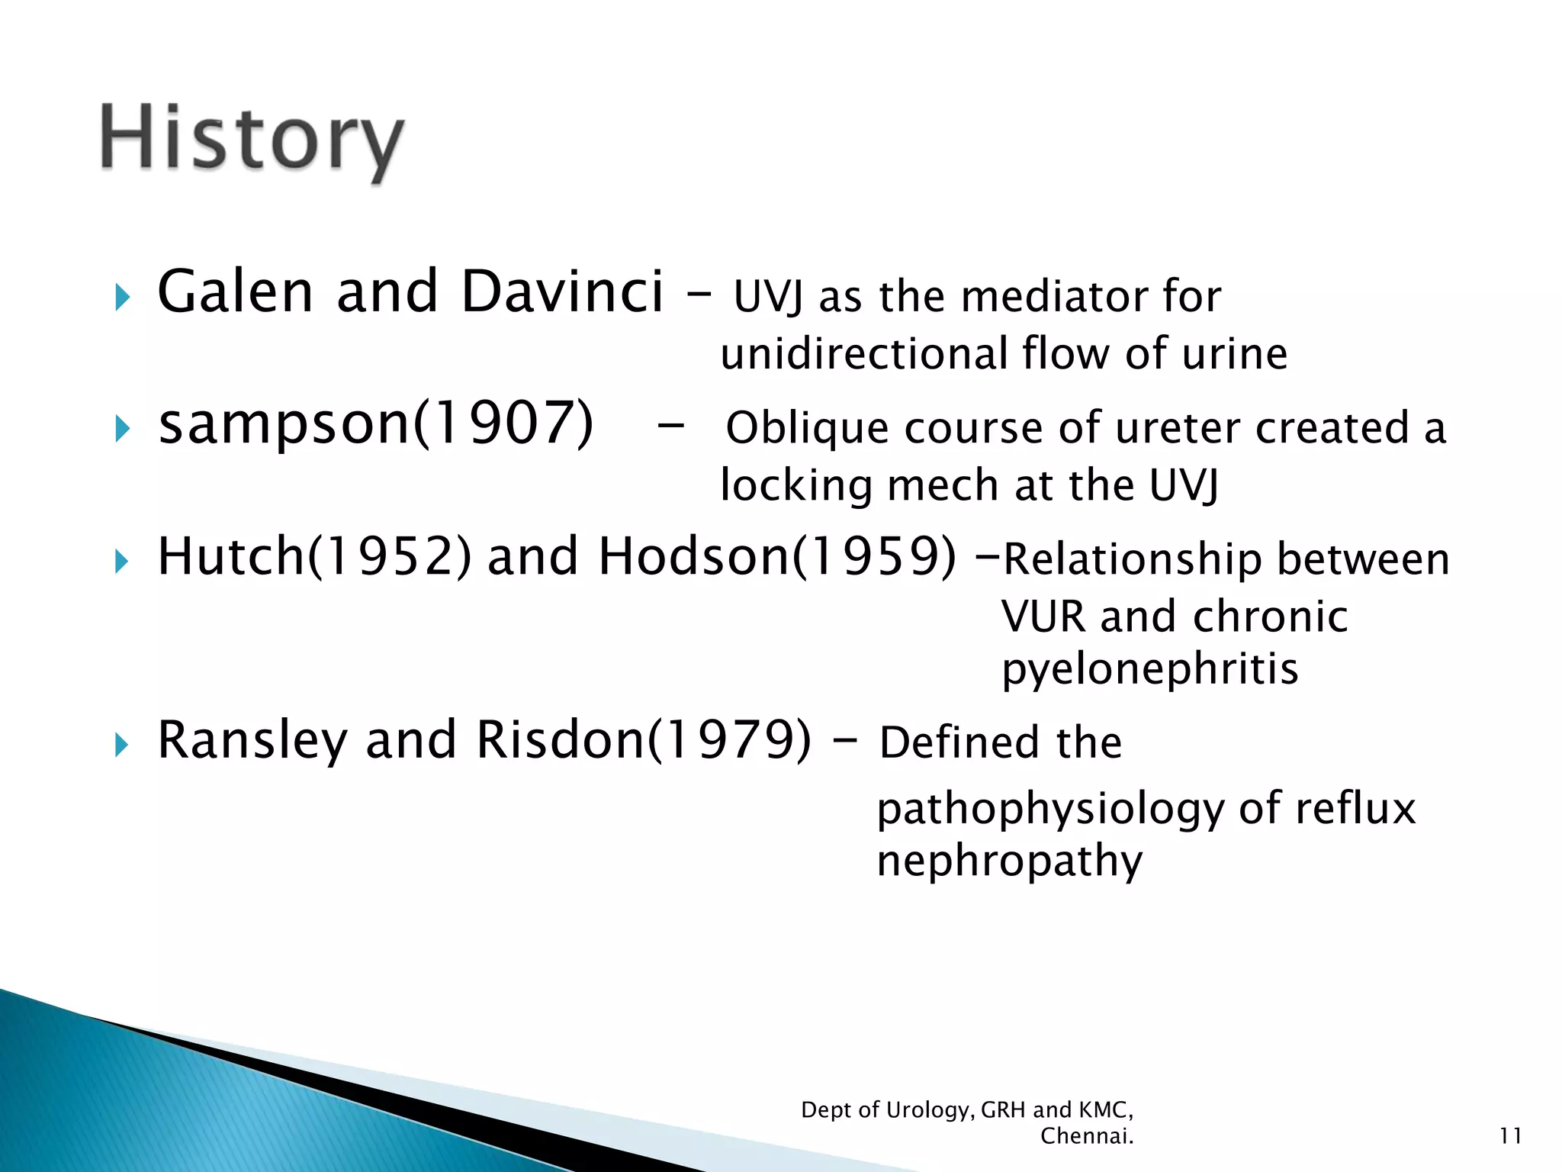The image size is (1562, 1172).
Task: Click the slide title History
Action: [252, 141]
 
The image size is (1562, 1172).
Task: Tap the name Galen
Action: [235, 292]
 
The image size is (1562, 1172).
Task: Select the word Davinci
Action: [562, 292]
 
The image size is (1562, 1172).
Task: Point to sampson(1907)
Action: [375, 423]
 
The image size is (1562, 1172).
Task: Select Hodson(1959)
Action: [776, 556]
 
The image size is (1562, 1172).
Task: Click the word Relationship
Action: [1131, 559]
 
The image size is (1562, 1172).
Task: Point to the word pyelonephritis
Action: [1149, 670]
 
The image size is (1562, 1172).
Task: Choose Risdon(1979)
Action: [644, 740]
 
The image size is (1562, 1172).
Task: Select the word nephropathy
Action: [1009, 862]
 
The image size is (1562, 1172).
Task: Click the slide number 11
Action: [1510, 1136]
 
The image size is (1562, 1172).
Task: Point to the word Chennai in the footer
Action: [1085, 1136]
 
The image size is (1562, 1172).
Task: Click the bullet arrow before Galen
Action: [122, 297]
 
